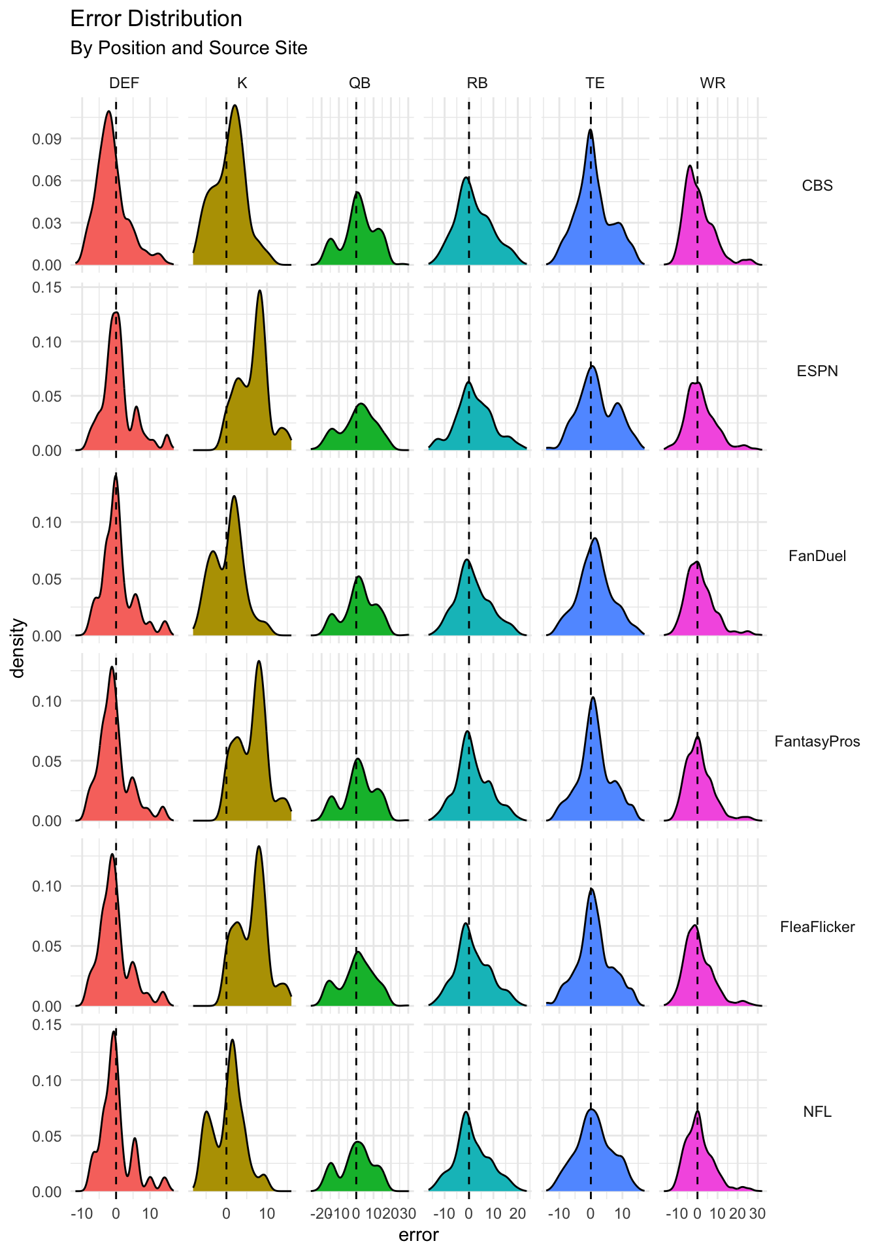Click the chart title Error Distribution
click(155, 19)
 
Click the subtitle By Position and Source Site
click(188, 48)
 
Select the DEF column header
click(124, 83)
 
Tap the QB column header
click(359, 83)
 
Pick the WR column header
click(712, 83)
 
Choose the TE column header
click(594, 83)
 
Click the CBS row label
click(817, 185)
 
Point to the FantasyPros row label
click(817, 741)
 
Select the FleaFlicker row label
click(817, 927)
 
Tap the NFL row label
click(817, 1112)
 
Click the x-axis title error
click(419, 1235)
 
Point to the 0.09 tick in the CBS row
click(47, 138)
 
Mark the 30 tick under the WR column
click(757, 1214)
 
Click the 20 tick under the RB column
click(517, 1214)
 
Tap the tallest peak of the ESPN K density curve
click(259, 291)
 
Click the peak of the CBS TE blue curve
click(590, 129)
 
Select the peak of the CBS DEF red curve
click(108, 111)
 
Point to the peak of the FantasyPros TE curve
click(593, 697)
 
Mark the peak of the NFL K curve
click(232, 1040)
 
